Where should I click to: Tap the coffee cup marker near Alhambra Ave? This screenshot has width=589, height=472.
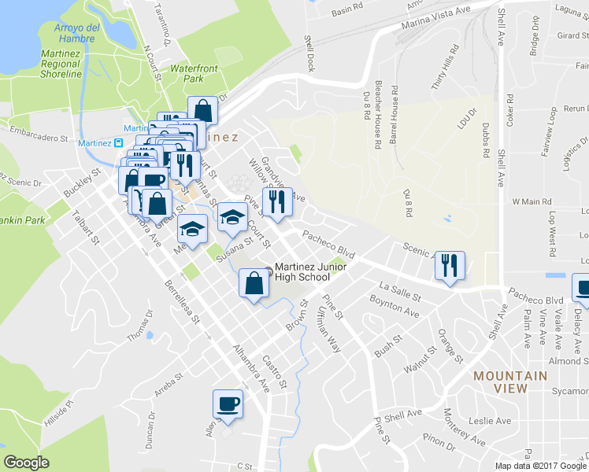click(228, 404)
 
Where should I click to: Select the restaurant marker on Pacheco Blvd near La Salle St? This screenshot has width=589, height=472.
click(450, 265)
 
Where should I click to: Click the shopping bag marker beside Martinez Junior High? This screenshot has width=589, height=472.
click(254, 284)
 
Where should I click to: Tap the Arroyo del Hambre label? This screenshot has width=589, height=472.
click(76, 33)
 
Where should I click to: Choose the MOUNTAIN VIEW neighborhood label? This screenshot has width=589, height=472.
click(510, 382)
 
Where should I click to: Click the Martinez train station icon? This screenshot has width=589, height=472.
click(119, 143)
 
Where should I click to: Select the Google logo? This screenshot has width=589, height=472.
click(27, 462)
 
